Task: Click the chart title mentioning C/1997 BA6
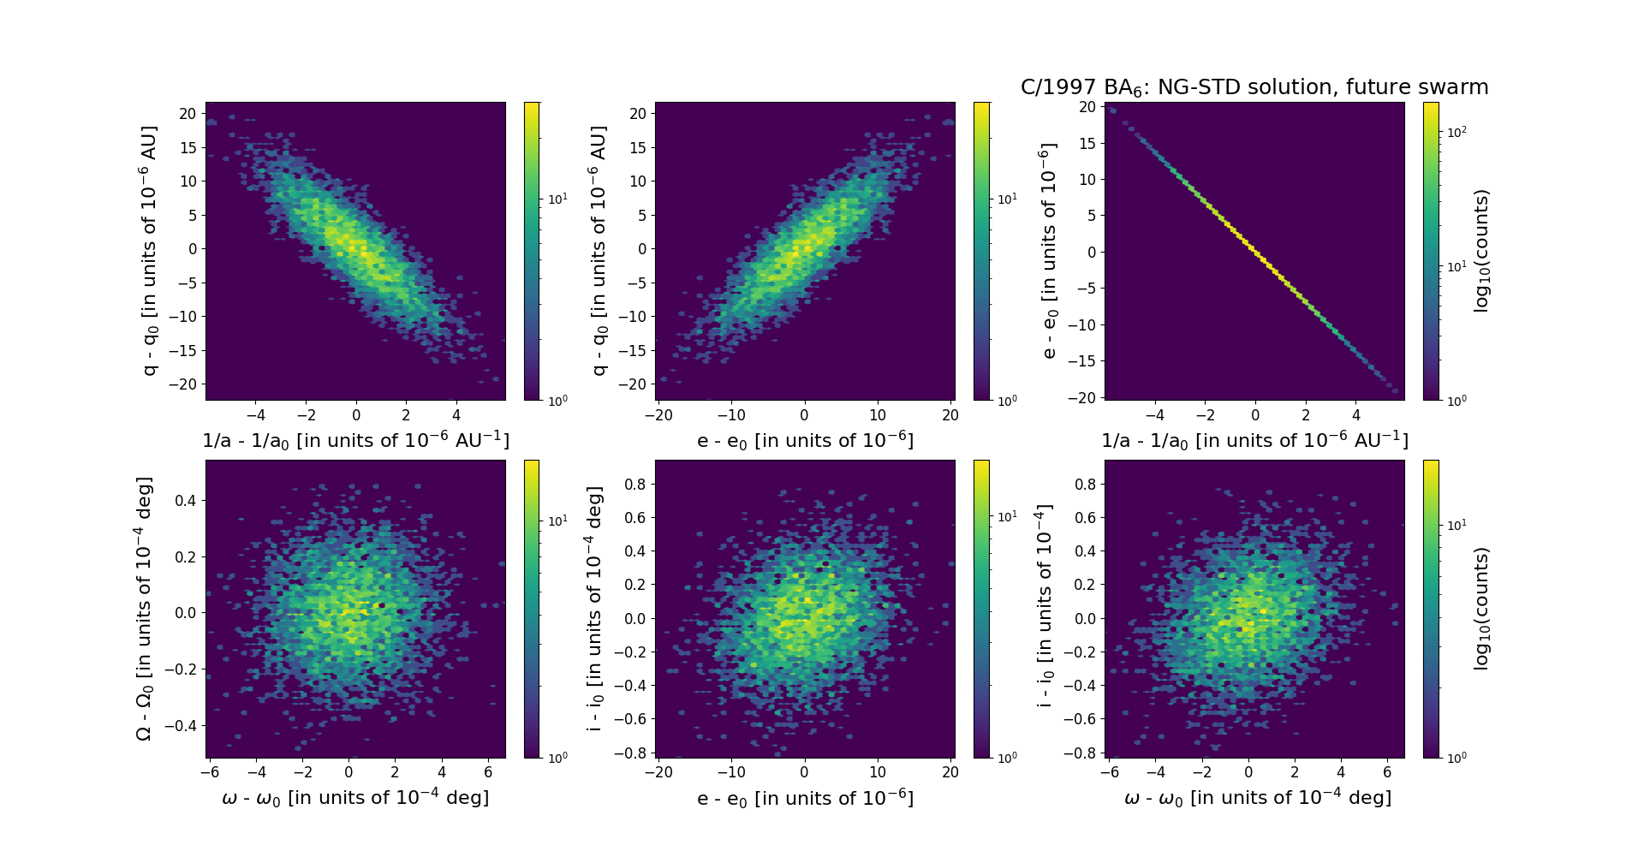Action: (x=1254, y=87)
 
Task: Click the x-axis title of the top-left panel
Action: (x=355, y=440)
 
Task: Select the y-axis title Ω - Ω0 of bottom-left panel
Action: (x=145, y=609)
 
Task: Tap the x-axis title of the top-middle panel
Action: (x=805, y=440)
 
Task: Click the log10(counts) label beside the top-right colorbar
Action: (x=1482, y=251)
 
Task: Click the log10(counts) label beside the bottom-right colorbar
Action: (x=1482, y=609)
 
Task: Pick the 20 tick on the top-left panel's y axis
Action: (x=188, y=113)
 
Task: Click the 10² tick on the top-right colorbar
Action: (x=1455, y=133)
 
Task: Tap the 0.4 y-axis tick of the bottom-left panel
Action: (x=185, y=500)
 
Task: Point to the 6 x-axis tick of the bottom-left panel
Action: (x=488, y=772)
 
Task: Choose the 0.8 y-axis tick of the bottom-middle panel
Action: (x=634, y=485)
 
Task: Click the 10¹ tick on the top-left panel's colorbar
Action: (x=557, y=199)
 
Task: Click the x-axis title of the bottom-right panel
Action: (x=1257, y=798)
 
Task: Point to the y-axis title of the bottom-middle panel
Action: (x=594, y=609)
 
